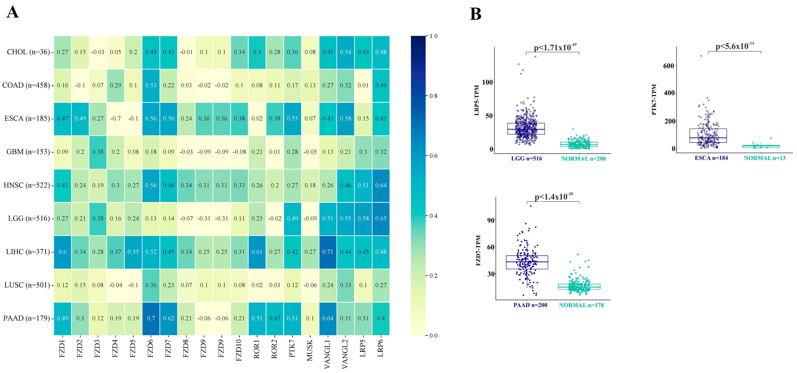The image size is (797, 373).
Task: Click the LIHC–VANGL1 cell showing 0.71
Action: click(x=328, y=252)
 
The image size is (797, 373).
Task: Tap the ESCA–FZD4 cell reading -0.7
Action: click(x=115, y=119)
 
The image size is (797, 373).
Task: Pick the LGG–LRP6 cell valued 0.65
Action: click(x=381, y=218)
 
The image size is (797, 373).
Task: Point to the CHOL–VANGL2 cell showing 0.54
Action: click(x=345, y=52)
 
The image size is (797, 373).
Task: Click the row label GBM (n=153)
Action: click(x=28, y=152)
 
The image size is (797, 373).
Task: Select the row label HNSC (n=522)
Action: click(x=27, y=185)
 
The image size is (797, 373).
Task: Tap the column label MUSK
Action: click(x=310, y=350)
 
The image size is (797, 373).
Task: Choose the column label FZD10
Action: click(x=239, y=350)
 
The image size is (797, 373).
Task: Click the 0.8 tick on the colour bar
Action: click(x=433, y=96)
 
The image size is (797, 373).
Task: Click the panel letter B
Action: click(x=476, y=14)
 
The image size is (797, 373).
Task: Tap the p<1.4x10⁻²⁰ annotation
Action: click(x=553, y=197)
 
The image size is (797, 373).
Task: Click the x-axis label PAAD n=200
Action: click(x=530, y=305)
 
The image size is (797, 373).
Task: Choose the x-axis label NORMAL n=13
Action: click(x=765, y=158)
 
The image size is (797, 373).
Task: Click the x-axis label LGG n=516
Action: click(x=527, y=159)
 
